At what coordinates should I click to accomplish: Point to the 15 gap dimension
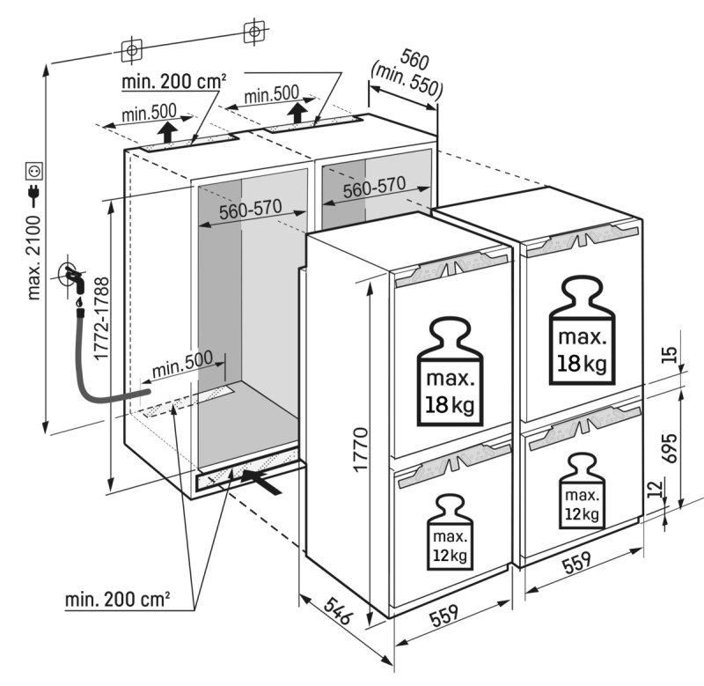[x=671, y=356]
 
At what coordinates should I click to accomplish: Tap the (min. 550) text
[x=407, y=80]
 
